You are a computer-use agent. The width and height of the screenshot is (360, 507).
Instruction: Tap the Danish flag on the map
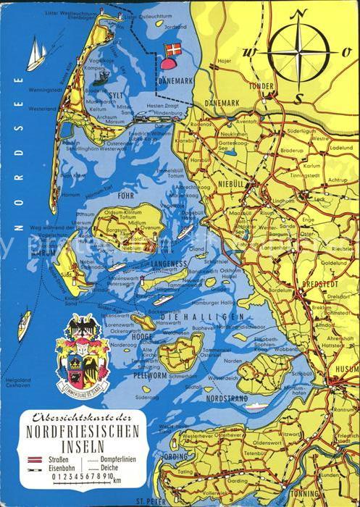172,51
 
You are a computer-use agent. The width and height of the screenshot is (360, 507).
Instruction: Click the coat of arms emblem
83,353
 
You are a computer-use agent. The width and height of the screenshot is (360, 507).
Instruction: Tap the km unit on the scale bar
117,480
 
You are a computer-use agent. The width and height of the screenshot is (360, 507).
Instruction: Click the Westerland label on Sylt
42,109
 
